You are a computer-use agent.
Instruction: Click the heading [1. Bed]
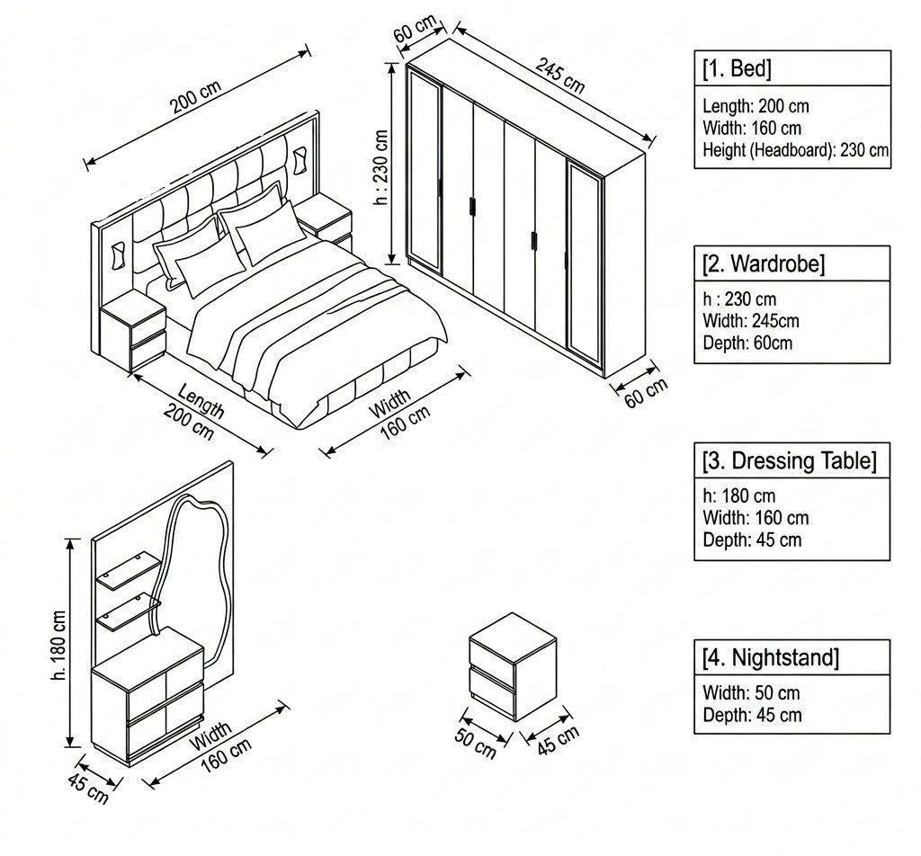(737, 68)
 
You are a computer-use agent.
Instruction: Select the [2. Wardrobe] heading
(764, 263)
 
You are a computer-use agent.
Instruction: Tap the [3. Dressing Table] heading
(790, 460)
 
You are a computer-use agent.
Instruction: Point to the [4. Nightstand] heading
(771, 657)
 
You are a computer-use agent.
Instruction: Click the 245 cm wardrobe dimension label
(559, 76)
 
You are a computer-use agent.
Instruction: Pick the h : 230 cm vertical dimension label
(381, 167)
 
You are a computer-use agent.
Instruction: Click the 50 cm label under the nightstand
(475, 744)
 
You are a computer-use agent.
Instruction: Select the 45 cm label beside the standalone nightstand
(558, 740)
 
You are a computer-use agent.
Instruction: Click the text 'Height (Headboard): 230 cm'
(795, 150)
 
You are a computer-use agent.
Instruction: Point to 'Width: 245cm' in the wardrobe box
(751, 321)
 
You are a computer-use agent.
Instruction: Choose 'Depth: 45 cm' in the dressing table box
(752, 539)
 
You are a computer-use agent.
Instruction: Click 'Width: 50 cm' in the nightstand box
(751, 692)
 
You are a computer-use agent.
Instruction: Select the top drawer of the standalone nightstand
(492, 653)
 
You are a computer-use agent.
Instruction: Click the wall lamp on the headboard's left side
(117, 255)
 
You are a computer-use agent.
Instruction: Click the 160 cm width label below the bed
(406, 423)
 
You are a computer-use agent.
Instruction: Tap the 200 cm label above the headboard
(195, 96)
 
